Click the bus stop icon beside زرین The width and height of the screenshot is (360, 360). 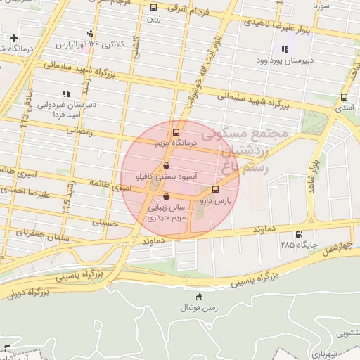tap(154, 7)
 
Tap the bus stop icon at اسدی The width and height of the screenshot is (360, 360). tap(344, 98)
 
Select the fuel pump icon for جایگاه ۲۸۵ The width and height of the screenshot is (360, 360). tap(300, 234)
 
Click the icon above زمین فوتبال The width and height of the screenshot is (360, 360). tap(199, 297)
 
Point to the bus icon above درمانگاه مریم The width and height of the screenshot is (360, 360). tap(175, 131)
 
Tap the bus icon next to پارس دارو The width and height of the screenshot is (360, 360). tap(215, 189)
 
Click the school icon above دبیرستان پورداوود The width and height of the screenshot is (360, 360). tap(285, 49)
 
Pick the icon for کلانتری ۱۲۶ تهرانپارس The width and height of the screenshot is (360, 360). tap(90, 33)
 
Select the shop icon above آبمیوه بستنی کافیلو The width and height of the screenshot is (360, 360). tap(166, 166)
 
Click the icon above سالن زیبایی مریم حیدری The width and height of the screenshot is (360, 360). tap(165, 197)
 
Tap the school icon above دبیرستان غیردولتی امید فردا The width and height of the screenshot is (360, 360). tap(66, 93)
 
